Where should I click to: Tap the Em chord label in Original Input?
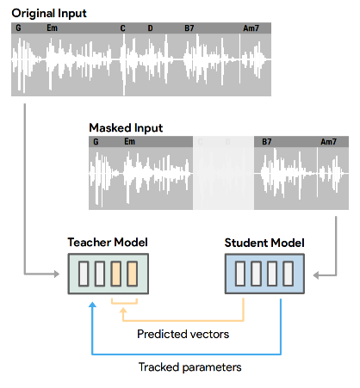click(53, 28)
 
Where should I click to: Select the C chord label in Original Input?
click(123, 28)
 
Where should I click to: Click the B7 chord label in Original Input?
click(189, 28)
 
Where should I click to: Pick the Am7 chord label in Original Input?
click(251, 28)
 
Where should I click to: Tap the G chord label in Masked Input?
click(96, 142)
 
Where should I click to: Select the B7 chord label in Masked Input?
click(266, 142)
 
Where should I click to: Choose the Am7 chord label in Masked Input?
click(328, 142)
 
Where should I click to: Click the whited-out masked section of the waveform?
click(222, 176)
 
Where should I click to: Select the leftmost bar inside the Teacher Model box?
click(84, 276)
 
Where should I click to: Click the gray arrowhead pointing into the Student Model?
click(316, 276)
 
